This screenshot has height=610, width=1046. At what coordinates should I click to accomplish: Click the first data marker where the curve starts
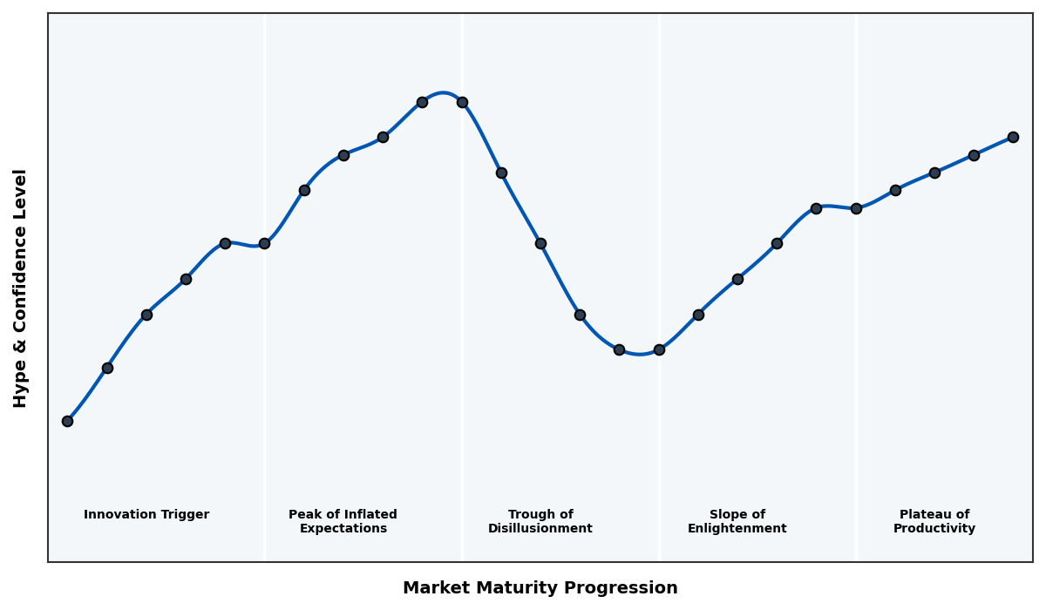point(67,421)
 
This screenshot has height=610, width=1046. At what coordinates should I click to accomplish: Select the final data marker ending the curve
point(1013,137)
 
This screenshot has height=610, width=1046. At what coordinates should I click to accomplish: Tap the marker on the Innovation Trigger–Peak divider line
point(264,243)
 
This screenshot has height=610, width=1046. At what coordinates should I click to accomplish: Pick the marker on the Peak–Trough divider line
point(462,102)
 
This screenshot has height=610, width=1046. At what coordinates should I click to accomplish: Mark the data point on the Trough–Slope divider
point(659,349)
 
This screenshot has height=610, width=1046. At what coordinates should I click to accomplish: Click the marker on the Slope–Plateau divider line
point(856,208)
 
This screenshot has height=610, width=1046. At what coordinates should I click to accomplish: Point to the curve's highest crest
point(444,92)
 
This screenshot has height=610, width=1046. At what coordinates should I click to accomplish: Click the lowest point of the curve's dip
point(640,354)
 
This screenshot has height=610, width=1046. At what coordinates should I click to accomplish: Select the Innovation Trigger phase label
point(146,515)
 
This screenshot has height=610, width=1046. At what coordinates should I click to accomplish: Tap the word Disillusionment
point(540,529)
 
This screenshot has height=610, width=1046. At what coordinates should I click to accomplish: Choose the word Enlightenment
point(737,529)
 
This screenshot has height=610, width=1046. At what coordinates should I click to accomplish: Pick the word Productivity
point(934,529)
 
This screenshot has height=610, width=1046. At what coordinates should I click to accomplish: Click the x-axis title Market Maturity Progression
point(540,588)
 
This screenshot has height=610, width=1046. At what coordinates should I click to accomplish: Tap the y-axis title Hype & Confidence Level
point(21,288)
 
